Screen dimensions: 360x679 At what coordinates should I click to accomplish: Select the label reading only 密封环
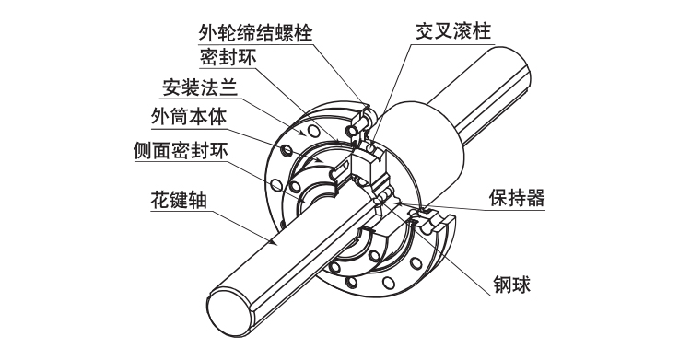[x=227, y=59]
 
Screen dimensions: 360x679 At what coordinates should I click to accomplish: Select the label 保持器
[x=517, y=198]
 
